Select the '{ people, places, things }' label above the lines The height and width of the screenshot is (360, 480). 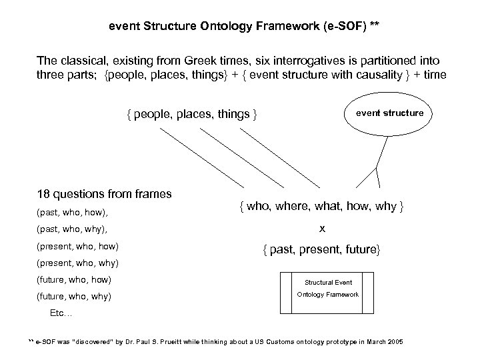coord(192,114)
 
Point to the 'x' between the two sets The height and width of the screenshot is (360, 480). coord(322,229)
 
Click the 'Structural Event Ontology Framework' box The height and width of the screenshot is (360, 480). coord(327,289)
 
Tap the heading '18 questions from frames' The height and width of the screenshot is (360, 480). coord(104,194)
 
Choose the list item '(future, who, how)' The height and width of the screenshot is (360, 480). coord(74,279)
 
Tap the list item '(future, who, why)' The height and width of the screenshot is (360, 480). coord(74,296)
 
